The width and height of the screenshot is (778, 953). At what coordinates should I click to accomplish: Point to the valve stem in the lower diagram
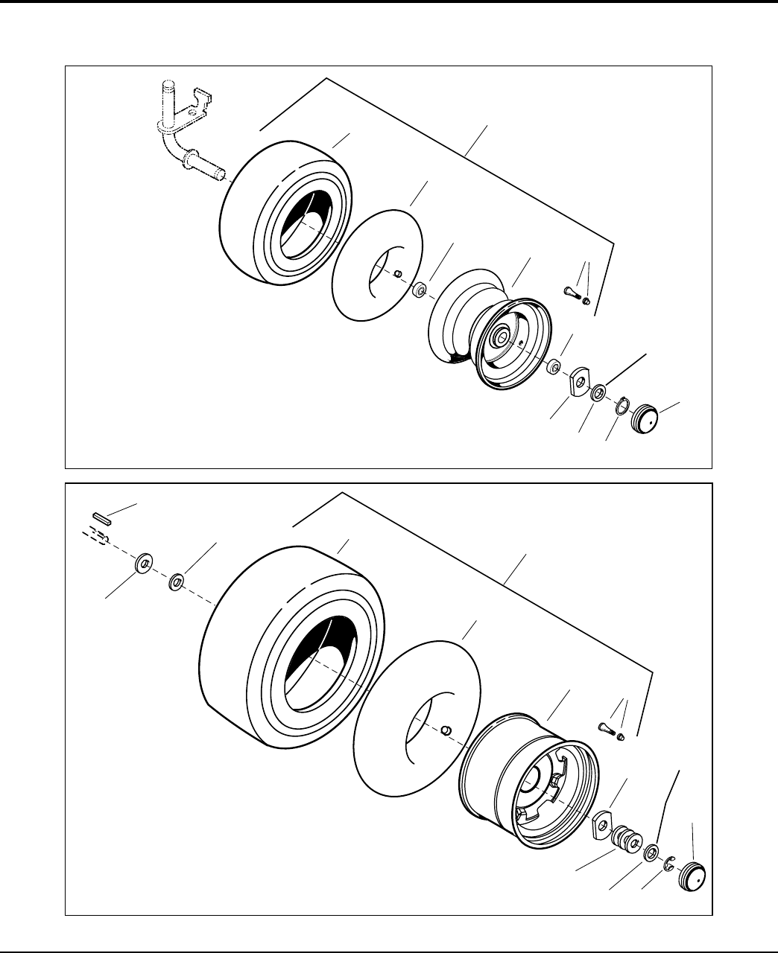click(607, 727)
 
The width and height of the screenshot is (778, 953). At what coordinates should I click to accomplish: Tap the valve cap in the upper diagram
click(586, 302)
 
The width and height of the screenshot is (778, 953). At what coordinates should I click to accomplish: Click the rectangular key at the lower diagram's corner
click(101, 517)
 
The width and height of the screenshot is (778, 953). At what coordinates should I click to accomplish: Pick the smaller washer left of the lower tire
click(177, 581)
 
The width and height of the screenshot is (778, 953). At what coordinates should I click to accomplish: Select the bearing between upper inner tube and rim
click(420, 288)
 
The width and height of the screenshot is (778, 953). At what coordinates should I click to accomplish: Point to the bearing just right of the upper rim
click(552, 367)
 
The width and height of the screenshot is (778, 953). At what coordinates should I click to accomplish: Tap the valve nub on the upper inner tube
click(399, 274)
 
